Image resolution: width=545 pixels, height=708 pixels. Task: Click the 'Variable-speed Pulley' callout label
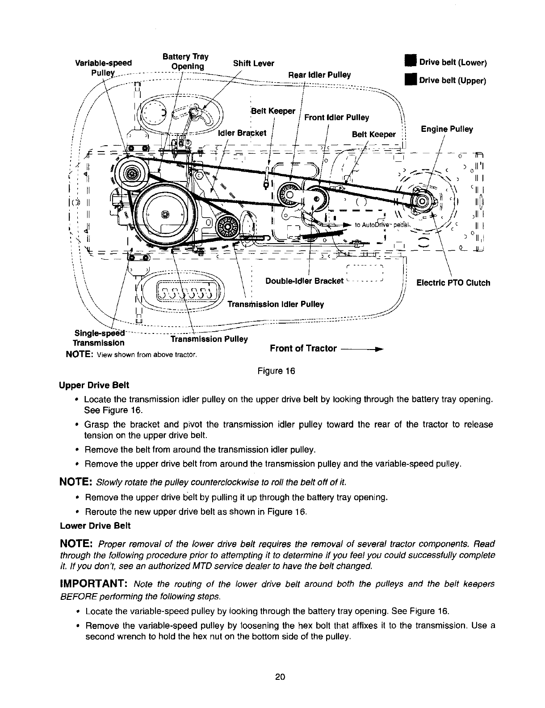tap(104, 67)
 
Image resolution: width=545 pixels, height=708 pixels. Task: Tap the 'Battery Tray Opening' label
tap(185, 62)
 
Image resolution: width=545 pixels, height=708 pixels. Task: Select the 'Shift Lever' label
tap(253, 63)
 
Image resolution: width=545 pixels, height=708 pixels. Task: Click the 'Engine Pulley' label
tap(447, 129)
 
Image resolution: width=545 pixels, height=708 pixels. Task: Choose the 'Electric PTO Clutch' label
tap(453, 282)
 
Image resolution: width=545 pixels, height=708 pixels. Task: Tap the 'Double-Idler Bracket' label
tap(304, 281)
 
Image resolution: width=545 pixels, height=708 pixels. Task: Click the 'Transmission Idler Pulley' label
tap(276, 304)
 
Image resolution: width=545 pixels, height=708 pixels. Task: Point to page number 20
tap(280, 689)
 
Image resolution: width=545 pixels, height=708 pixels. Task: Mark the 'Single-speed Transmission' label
tap(99, 338)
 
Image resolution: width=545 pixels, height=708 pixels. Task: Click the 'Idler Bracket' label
tap(242, 133)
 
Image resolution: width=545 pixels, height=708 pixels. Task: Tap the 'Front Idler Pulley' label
tap(336, 118)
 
